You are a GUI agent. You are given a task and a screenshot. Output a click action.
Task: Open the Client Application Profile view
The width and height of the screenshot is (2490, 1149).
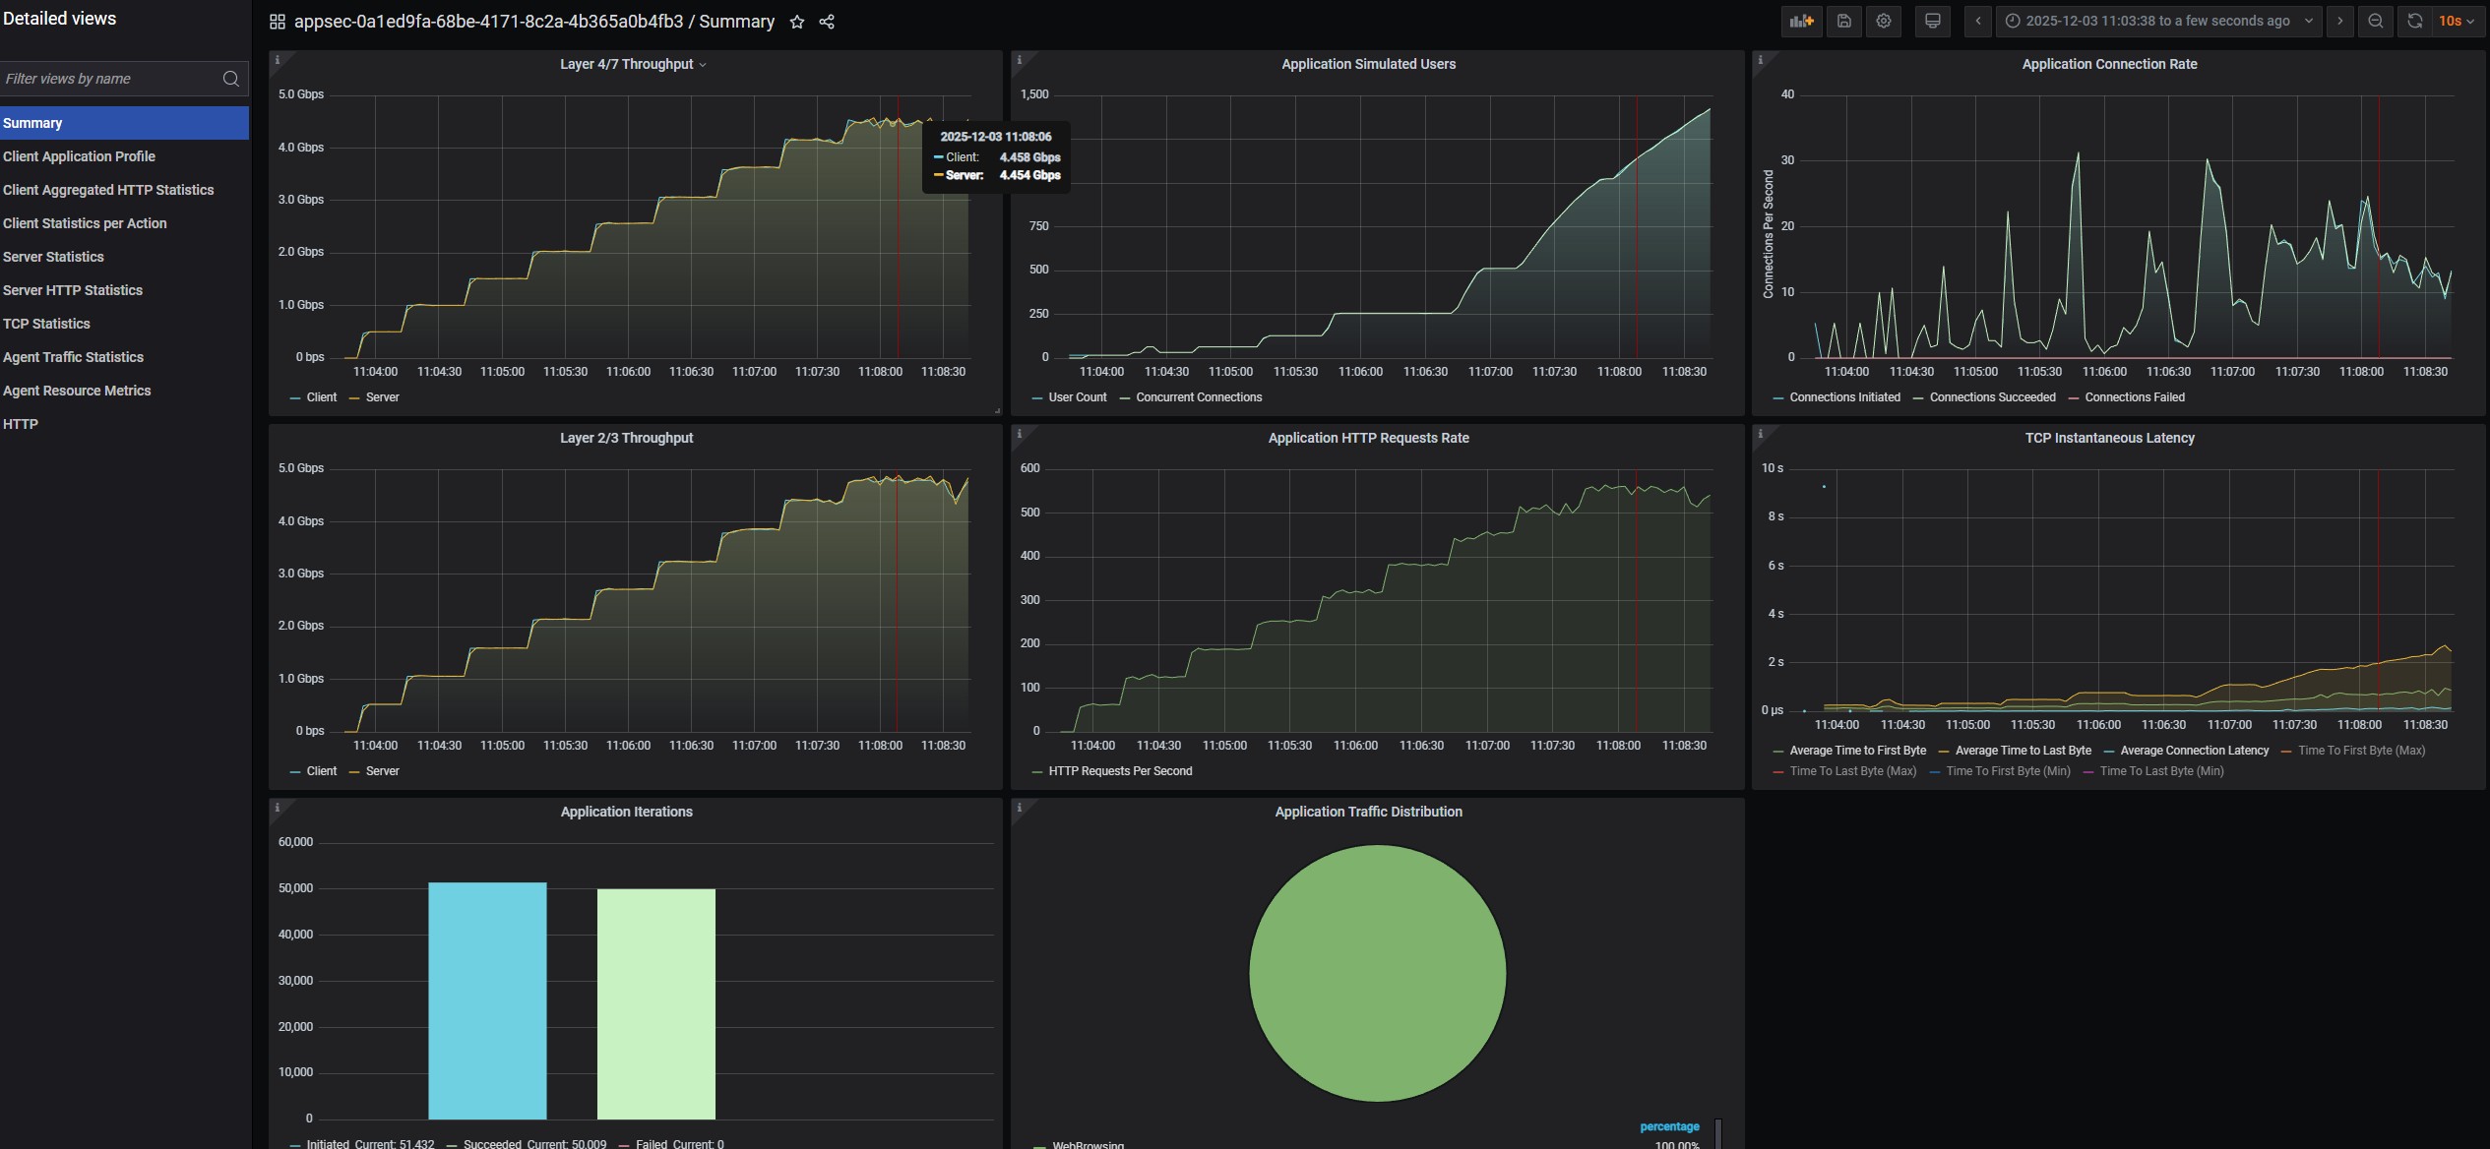(x=79, y=156)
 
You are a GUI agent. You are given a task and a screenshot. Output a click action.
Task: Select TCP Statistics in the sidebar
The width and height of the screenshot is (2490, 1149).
(x=46, y=324)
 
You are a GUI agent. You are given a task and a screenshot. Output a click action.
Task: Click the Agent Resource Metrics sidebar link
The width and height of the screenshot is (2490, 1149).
(x=77, y=391)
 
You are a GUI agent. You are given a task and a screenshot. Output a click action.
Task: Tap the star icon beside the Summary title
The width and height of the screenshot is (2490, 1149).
(x=797, y=22)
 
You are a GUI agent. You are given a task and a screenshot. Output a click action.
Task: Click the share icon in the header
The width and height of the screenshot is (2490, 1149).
(x=827, y=22)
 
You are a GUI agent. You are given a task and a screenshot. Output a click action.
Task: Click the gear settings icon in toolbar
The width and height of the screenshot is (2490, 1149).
(x=1884, y=21)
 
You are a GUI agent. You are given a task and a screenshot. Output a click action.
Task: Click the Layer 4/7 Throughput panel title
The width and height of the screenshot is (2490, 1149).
(x=627, y=64)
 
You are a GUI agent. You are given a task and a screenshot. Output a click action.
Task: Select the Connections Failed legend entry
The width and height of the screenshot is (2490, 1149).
(x=2134, y=397)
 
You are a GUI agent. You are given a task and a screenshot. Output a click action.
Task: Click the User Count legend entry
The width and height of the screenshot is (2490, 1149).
(x=1077, y=397)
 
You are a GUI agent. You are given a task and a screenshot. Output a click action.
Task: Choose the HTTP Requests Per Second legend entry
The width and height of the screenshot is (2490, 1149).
(x=1120, y=771)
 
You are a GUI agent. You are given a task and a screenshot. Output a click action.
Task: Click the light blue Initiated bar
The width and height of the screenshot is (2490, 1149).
(x=487, y=1000)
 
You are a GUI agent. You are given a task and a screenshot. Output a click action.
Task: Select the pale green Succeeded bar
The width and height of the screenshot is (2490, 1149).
(x=656, y=1003)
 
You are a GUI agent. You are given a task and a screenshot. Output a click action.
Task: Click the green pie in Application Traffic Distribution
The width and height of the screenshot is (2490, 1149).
(x=1377, y=973)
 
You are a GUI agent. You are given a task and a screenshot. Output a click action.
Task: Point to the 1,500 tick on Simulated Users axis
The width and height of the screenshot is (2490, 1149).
(x=1034, y=94)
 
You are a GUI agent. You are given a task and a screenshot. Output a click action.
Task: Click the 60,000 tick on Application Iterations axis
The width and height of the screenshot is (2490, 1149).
(x=295, y=842)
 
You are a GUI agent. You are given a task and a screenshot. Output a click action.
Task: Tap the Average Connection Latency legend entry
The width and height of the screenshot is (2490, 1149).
(x=2194, y=751)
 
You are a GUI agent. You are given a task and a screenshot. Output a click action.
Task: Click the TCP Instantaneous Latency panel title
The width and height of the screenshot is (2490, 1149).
(x=2109, y=438)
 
